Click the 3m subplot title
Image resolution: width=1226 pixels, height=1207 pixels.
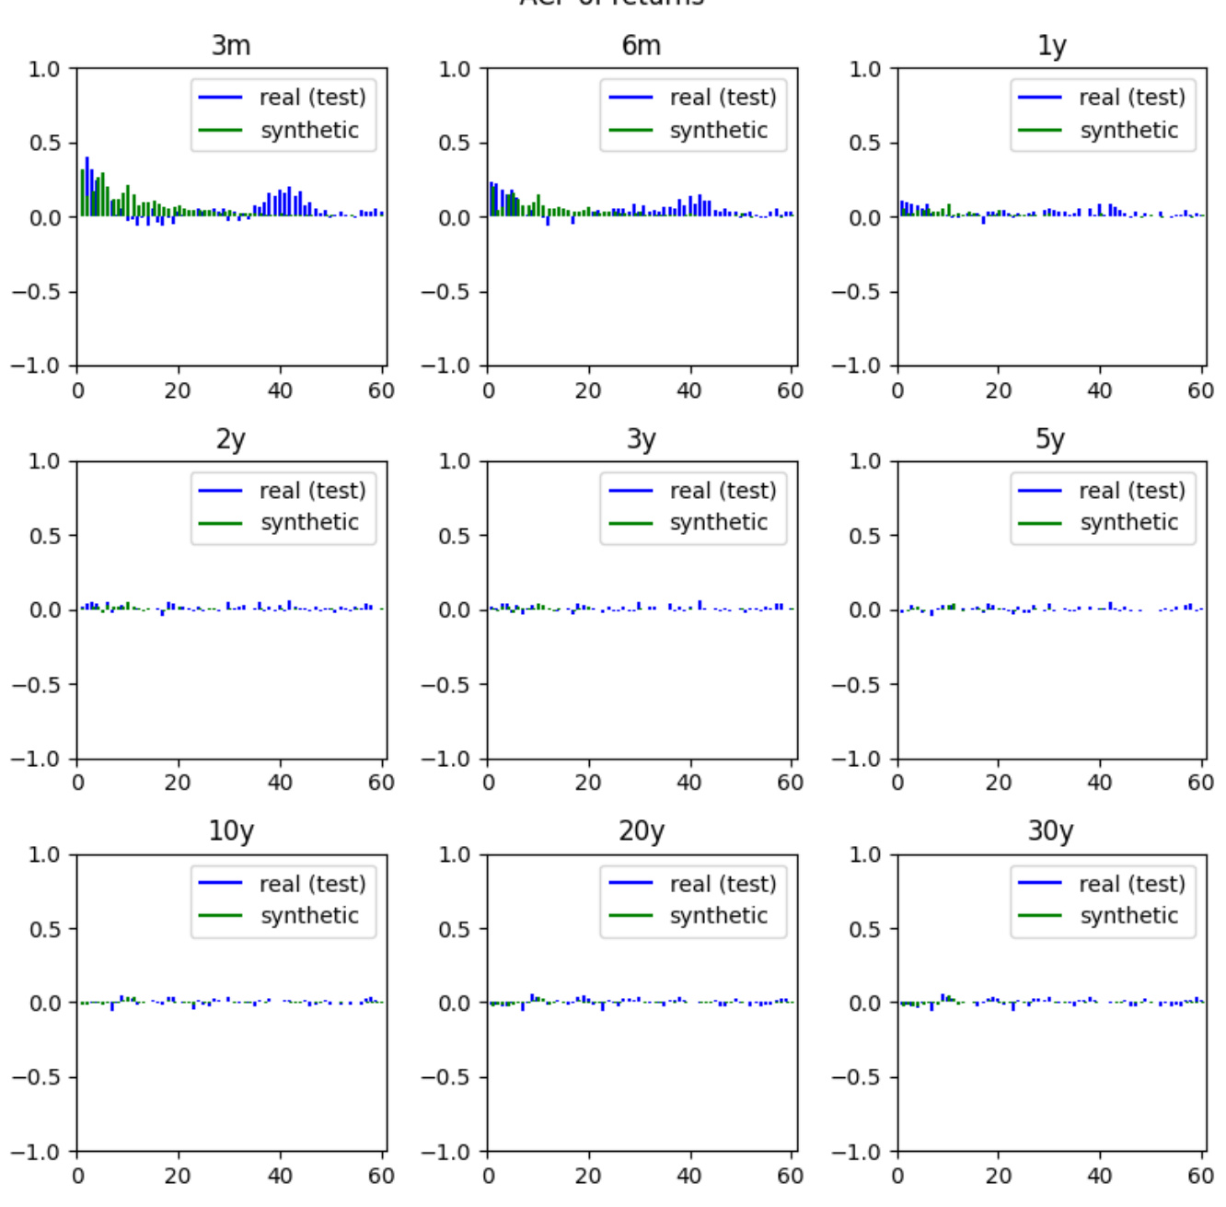(x=231, y=45)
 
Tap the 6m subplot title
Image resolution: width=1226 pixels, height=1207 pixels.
(x=641, y=45)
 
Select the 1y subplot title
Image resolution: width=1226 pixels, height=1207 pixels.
(x=1051, y=45)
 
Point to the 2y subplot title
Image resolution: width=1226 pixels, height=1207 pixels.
(x=231, y=438)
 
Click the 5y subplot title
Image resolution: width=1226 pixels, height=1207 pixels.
(x=1051, y=438)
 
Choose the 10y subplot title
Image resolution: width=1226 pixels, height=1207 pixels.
(x=231, y=830)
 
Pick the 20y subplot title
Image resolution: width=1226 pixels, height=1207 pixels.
(x=641, y=830)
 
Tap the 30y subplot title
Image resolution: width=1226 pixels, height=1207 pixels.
(x=1051, y=830)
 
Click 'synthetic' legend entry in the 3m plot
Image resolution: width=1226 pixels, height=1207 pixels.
(x=309, y=130)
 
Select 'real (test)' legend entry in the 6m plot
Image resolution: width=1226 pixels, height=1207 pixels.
(x=723, y=98)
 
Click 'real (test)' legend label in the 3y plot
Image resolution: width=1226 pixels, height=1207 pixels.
(x=723, y=491)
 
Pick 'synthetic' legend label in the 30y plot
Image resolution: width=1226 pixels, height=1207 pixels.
(x=1129, y=915)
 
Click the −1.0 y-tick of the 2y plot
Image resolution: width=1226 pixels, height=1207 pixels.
(x=36, y=759)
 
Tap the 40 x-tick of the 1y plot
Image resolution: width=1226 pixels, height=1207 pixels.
(x=1099, y=390)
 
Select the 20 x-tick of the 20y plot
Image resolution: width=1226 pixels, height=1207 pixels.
(x=588, y=1176)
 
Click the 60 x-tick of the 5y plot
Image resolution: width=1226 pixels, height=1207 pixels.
(x=1200, y=783)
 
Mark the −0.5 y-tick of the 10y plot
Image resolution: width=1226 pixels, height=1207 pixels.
(x=36, y=1077)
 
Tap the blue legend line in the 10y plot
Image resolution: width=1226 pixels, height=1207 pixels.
(x=220, y=883)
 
